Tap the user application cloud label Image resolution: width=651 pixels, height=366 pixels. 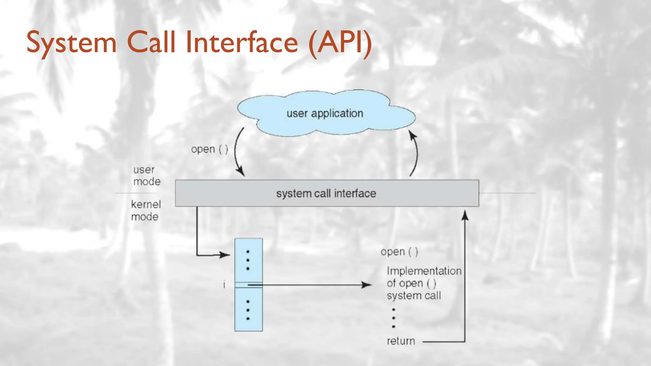click(x=325, y=113)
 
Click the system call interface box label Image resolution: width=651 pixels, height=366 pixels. click(x=326, y=193)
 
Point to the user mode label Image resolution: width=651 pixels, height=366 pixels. click(x=147, y=176)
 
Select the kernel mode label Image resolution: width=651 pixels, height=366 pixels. click(x=146, y=211)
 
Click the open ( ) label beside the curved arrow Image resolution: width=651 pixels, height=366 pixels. click(x=209, y=149)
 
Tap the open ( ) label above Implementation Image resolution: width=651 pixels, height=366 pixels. click(x=399, y=252)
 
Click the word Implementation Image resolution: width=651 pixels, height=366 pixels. click(x=424, y=271)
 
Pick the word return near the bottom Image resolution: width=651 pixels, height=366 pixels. click(x=401, y=341)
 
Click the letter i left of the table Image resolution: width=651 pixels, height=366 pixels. click(x=224, y=285)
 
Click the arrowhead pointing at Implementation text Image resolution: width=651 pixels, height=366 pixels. click(x=367, y=285)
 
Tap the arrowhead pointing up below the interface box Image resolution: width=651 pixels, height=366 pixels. click(x=465, y=215)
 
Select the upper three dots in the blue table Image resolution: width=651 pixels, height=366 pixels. click(x=248, y=260)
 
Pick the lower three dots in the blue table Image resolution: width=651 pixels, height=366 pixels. click(x=248, y=310)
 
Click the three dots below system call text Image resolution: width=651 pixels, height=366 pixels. click(x=394, y=318)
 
